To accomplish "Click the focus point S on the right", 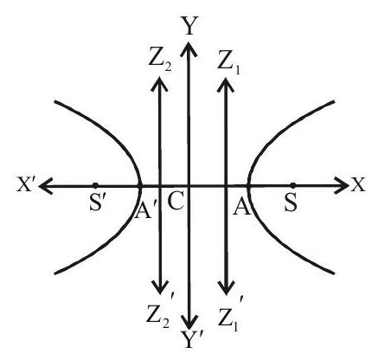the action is point(293,184).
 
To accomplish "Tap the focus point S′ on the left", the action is point(95,184).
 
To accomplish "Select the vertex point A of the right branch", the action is point(248,186).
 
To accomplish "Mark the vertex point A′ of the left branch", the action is point(140,186).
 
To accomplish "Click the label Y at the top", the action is point(189,25).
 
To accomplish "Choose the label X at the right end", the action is point(357,184).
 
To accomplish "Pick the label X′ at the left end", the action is point(27,184).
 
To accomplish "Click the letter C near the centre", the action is point(175,202).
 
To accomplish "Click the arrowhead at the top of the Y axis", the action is point(189,48).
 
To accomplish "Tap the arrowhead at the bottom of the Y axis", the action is point(189,322).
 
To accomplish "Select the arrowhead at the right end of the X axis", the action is point(342,184).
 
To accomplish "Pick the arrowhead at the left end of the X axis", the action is point(47,185).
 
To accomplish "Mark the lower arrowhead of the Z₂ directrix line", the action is point(160,287).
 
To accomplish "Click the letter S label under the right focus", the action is point(291,204).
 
